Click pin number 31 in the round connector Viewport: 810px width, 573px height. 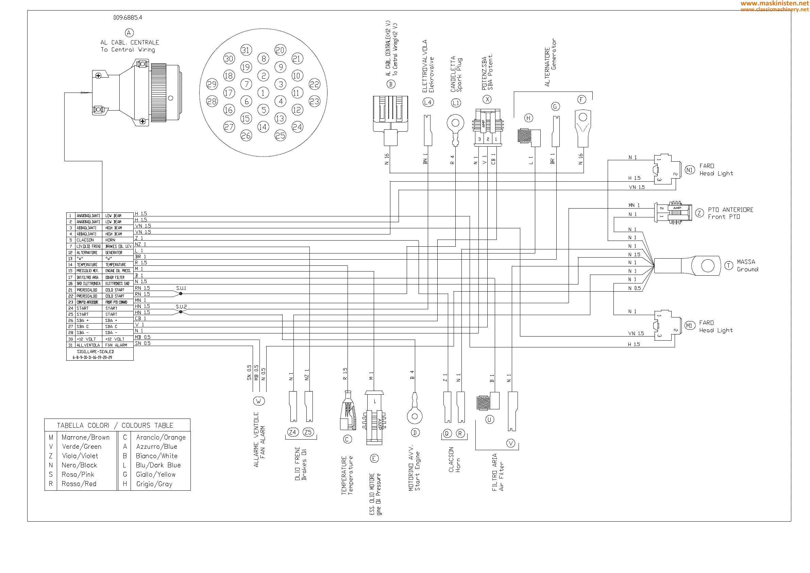pyautogui.click(x=246, y=50)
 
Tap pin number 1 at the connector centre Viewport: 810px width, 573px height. pyautogui.click(x=263, y=93)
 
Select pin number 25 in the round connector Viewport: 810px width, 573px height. pyautogui.click(x=280, y=135)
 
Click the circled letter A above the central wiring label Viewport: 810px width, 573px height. pyautogui.click(x=129, y=33)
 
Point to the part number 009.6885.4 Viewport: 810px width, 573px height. pyautogui.click(x=128, y=17)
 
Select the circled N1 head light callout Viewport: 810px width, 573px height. pyautogui.click(x=689, y=170)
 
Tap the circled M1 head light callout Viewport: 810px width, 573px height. pyautogui.click(x=689, y=326)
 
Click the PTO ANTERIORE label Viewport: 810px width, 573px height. pyautogui.click(x=730, y=210)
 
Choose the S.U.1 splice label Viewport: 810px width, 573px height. pyautogui.click(x=181, y=288)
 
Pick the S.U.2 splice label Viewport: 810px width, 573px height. pyautogui.click(x=181, y=307)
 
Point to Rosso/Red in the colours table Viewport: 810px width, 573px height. pyautogui.click(x=79, y=484)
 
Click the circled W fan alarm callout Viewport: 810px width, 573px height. pyautogui.click(x=258, y=401)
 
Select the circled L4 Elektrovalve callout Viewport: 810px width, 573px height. pyautogui.click(x=427, y=102)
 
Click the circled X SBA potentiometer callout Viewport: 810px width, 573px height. pyautogui.click(x=487, y=99)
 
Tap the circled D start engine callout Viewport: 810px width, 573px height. pyautogui.click(x=415, y=432)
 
